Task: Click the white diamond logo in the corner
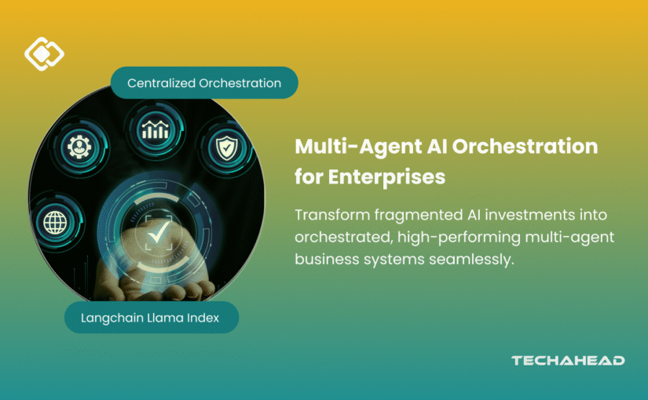click(x=44, y=53)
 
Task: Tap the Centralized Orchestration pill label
click(x=204, y=83)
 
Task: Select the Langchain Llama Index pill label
click(x=149, y=318)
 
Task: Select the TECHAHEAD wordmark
click(x=568, y=361)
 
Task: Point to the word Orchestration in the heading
click(x=517, y=147)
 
